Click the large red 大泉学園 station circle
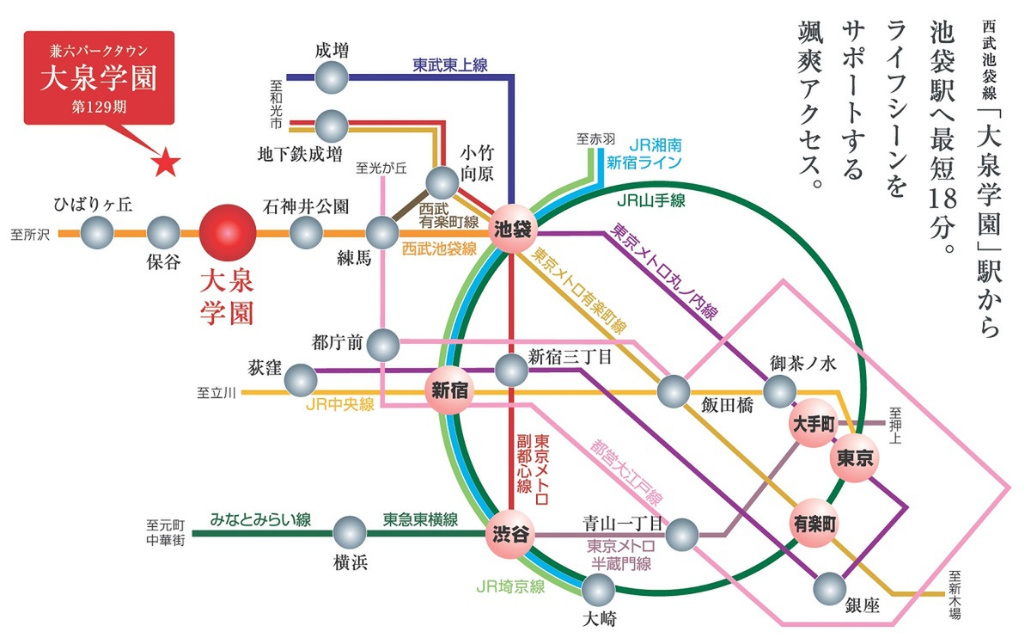[x=228, y=233]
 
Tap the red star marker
[x=166, y=163]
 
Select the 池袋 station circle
[x=513, y=229]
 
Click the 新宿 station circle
[x=449, y=390]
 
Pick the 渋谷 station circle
[x=510, y=534]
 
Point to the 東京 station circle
[x=855, y=458]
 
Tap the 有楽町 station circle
[x=814, y=523]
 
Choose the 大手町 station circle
[x=814, y=423]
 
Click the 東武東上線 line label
[x=449, y=65]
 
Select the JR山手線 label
[x=651, y=200]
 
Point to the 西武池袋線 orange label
[x=439, y=248]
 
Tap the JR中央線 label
[x=340, y=404]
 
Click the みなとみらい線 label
[x=260, y=520]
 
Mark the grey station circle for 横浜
[x=350, y=533]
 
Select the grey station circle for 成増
[x=332, y=77]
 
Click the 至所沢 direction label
[x=30, y=235]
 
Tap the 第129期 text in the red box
[x=99, y=107]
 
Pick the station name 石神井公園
[x=306, y=206]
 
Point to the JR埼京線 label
[x=510, y=586]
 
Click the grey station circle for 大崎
[x=598, y=590]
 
